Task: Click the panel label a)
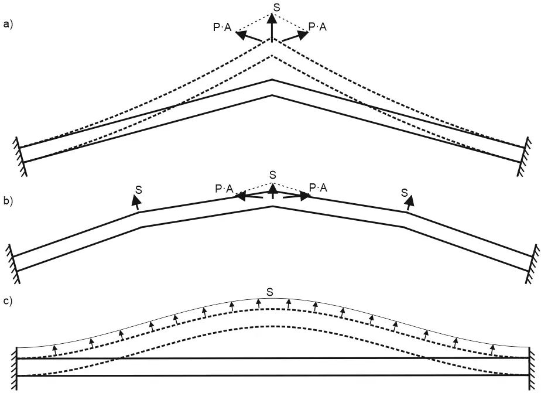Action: [x=8, y=24]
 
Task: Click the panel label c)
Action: [x=8, y=301]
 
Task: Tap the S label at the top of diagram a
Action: [x=276, y=7]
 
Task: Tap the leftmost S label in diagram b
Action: [x=138, y=190]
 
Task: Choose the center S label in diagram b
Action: [x=272, y=175]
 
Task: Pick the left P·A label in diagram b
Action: [x=224, y=188]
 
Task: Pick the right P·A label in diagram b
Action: [x=319, y=187]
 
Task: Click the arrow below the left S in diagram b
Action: [x=136, y=203]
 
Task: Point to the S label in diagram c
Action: [x=269, y=291]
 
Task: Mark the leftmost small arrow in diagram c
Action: [x=54, y=350]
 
